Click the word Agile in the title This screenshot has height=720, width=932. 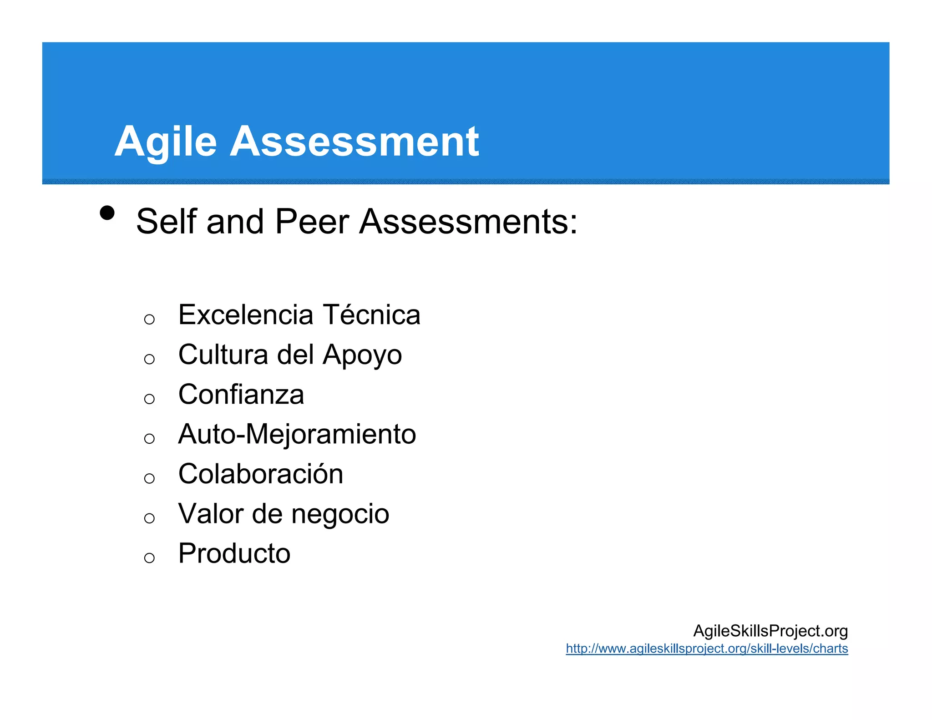pos(165,142)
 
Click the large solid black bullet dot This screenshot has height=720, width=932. pos(107,213)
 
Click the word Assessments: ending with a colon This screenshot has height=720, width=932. pos(468,222)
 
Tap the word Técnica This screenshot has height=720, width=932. pos(371,315)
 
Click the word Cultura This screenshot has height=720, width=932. pos(223,355)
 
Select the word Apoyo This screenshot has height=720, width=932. pos(362,355)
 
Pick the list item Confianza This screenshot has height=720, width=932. pos(241,394)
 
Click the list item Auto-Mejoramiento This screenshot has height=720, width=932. pos(297,434)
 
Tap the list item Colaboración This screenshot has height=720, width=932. pos(260,474)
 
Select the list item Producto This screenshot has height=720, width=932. pos(234,553)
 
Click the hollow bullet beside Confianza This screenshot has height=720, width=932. pos(149,399)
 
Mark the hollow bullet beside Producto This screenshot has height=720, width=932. pos(149,558)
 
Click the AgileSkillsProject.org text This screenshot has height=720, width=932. pos(770,631)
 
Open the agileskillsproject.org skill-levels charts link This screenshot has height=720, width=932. pos(707,649)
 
